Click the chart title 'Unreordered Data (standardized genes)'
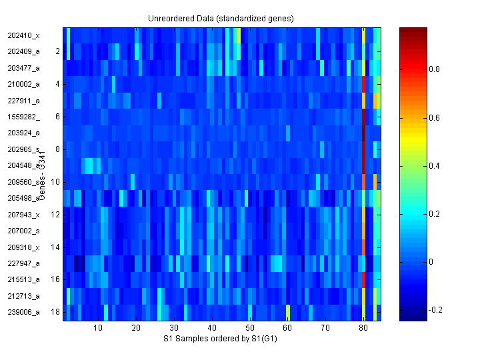[221, 18]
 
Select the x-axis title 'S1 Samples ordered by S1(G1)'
[221, 339]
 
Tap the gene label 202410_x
[24, 35]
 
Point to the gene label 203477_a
[24, 68]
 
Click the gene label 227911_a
[24, 101]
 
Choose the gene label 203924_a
[24, 133]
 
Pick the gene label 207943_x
[24, 215]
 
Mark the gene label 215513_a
[24, 279]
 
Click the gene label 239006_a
[24, 312]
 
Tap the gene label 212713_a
[24, 296]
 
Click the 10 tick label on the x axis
[98, 328]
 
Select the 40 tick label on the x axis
[211, 328]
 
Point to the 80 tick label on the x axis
[363, 328]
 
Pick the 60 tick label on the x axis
[287, 328]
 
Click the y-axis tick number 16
[55, 279]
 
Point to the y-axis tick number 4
[57, 84]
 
